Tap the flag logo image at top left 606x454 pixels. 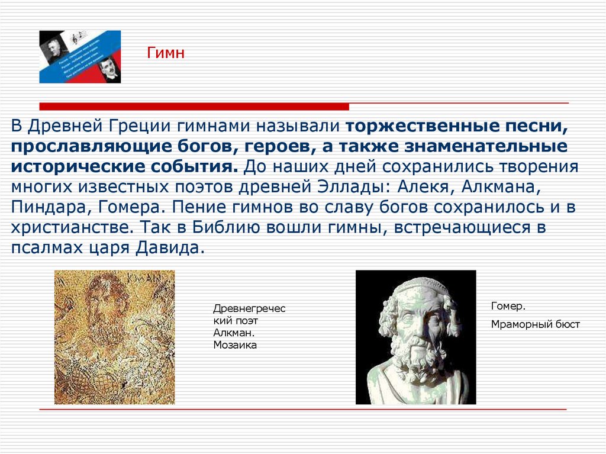click(80, 57)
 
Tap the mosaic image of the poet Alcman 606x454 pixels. click(114, 337)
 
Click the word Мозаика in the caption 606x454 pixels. click(235, 344)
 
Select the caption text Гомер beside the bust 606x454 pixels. click(508, 307)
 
